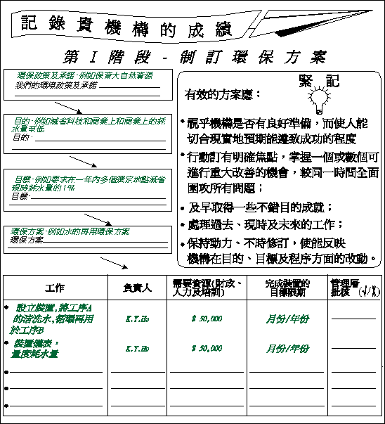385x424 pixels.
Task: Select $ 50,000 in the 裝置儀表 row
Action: (x=207, y=348)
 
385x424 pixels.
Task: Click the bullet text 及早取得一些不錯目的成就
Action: (x=260, y=208)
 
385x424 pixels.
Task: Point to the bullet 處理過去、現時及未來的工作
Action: (x=266, y=225)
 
